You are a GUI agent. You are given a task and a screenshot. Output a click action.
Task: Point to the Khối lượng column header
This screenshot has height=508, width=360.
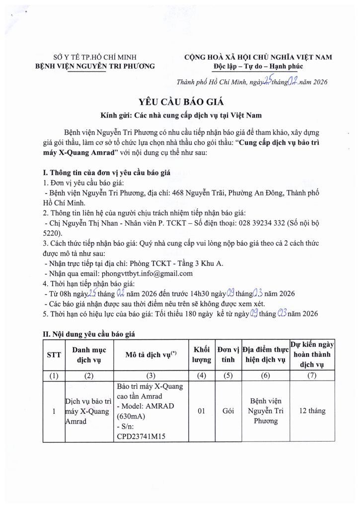pyautogui.click(x=201, y=355)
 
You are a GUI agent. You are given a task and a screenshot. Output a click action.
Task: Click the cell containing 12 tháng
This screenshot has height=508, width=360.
pyautogui.click(x=312, y=411)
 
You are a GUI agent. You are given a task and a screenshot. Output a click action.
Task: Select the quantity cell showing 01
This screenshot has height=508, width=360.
pyautogui.click(x=201, y=411)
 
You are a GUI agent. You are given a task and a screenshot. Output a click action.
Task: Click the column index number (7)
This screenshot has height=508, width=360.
pyautogui.click(x=312, y=376)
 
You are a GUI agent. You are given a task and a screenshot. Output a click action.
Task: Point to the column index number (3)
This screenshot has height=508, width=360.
pyautogui.click(x=151, y=376)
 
